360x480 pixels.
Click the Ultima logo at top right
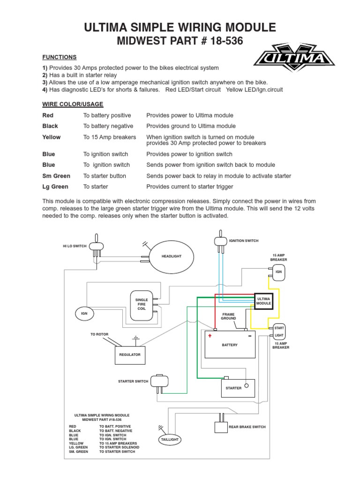[x=294, y=58]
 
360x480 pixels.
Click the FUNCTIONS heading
[x=60, y=57]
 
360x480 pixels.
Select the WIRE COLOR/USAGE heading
[x=73, y=104]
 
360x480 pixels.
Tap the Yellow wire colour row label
[x=52, y=137]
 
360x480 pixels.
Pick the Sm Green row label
[x=56, y=176]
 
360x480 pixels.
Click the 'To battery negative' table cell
[x=108, y=126]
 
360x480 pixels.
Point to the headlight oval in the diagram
[x=172, y=256]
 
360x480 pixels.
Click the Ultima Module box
[x=263, y=301]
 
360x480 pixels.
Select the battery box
[x=230, y=345]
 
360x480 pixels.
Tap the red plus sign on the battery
[x=210, y=336]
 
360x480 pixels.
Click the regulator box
[x=130, y=355]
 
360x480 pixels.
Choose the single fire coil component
[x=142, y=305]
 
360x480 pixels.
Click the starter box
[x=238, y=388]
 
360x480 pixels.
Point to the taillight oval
[x=170, y=440]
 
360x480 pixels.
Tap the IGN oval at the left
[x=84, y=314]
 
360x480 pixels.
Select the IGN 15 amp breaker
[x=278, y=272]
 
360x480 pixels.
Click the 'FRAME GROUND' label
[x=229, y=316]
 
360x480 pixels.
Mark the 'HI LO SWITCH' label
[x=75, y=246]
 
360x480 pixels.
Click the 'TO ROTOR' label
[x=99, y=334]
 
